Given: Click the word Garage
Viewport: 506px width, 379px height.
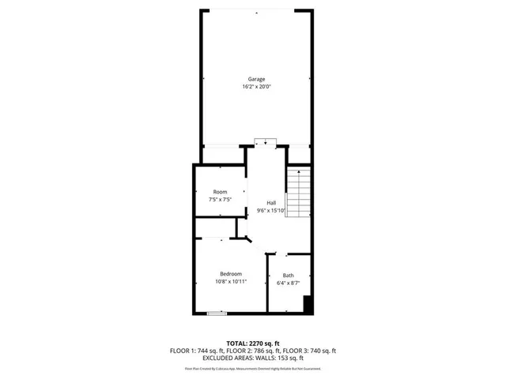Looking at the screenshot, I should tap(256, 79).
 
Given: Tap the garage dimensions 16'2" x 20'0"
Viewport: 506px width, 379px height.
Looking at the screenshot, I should tap(256, 87).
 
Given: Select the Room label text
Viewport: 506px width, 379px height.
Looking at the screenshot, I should tap(220, 192).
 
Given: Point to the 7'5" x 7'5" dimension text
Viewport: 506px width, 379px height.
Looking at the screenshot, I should tap(220, 200).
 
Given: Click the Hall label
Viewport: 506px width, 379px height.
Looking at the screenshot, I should tap(271, 202).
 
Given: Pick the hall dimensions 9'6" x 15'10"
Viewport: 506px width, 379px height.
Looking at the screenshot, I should tap(271, 210).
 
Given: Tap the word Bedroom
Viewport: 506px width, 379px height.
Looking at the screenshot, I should tap(231, 273).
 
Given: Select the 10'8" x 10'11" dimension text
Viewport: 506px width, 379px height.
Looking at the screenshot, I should tap(231, 281).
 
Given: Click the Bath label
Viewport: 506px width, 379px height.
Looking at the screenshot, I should tap(289, 276).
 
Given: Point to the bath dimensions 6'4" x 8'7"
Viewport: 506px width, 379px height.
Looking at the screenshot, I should tap(289, 283).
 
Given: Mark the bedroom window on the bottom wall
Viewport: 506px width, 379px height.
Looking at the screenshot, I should tap(217, 313).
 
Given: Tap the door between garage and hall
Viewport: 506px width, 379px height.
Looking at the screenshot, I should tap(266, 142).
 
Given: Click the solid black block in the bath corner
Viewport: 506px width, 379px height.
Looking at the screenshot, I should tap(309, 305).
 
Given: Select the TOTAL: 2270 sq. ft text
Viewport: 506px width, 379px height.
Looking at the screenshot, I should tap(253, 343).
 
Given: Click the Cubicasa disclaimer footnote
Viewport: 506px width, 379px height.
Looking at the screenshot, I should tap(253, 369).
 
